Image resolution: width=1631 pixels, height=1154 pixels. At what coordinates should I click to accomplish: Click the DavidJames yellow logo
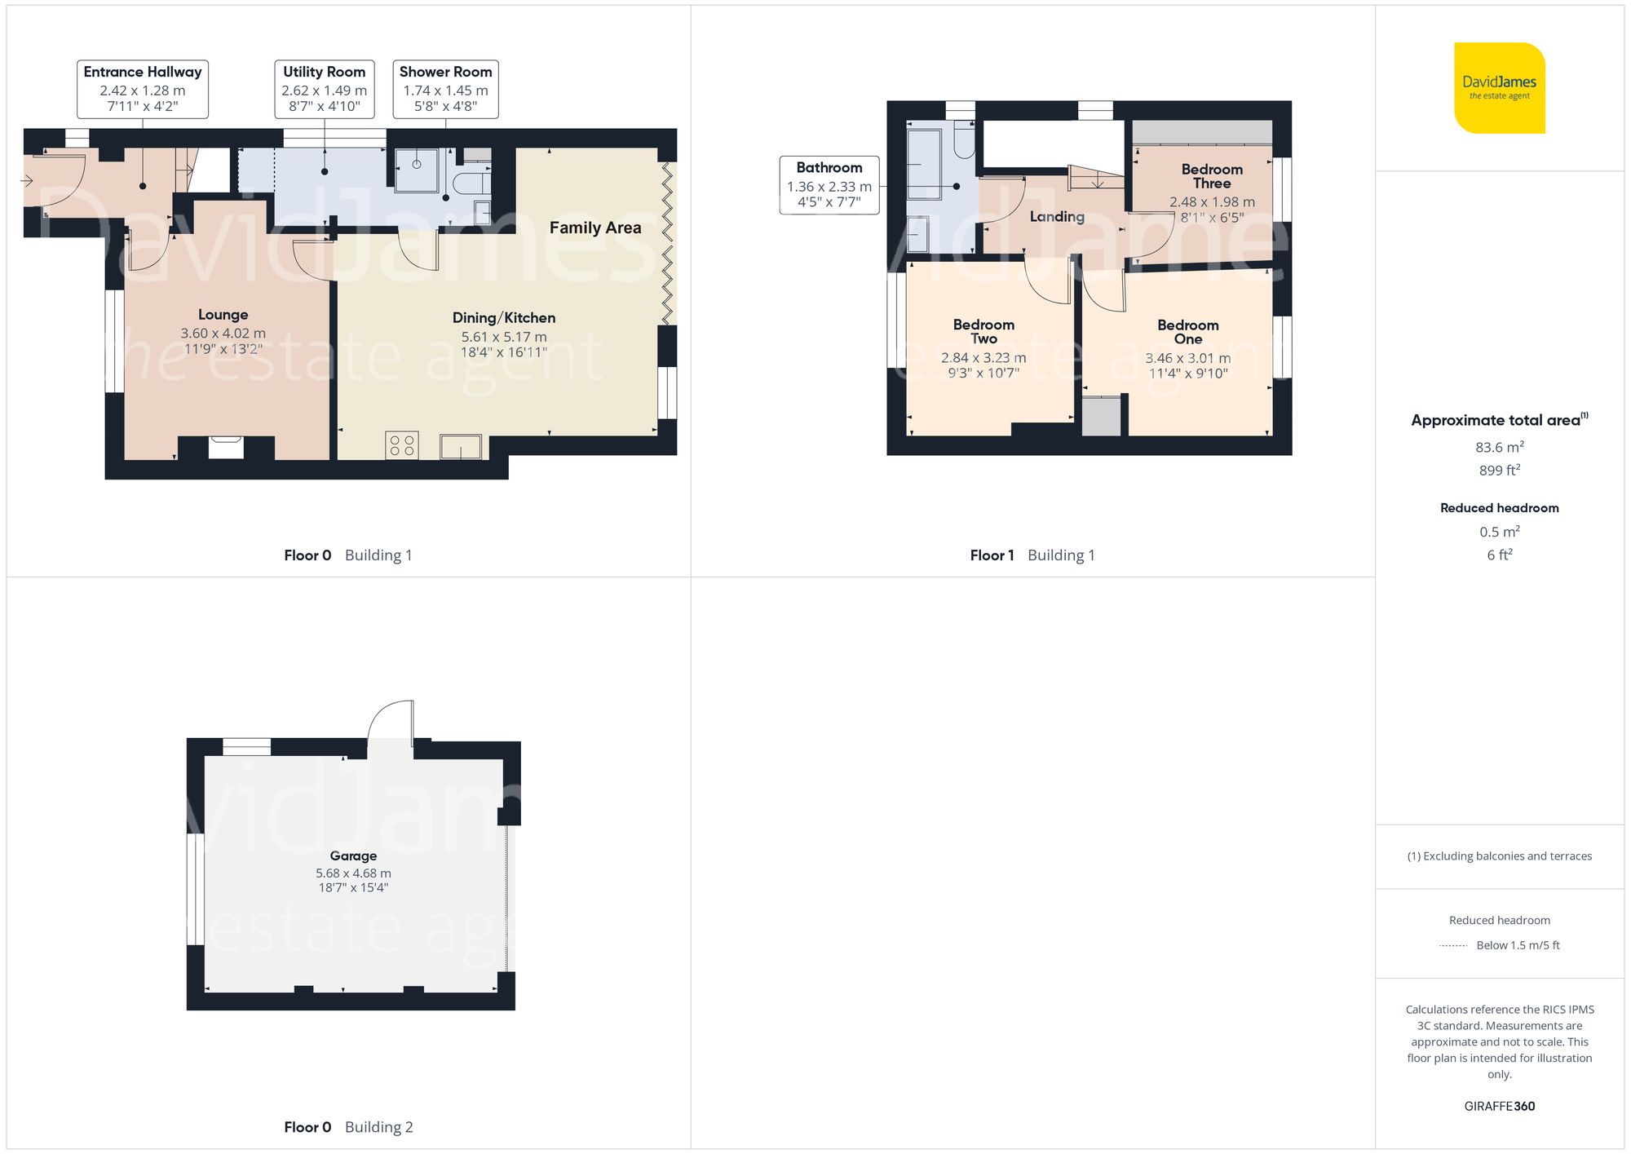(1499, 88)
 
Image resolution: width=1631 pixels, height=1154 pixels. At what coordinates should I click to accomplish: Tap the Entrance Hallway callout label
(143, 89)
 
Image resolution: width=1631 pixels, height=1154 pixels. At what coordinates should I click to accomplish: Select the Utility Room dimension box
(324, 89)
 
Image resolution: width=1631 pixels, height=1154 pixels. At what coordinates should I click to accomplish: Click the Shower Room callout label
(445, 89)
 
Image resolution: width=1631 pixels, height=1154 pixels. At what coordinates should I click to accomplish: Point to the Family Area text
(594, 228)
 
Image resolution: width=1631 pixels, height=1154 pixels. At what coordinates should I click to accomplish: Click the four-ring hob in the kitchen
(402, 445)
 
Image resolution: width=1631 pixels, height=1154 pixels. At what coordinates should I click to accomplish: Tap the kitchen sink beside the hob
(461, 447)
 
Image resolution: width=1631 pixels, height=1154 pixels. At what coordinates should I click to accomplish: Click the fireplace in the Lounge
(225, 448)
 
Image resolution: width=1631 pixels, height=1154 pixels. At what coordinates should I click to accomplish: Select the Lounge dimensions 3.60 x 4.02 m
(223, 333)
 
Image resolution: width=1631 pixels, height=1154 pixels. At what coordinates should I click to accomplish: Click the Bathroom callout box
(829, 185)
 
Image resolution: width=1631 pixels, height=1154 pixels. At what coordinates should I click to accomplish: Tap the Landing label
(1056, 216)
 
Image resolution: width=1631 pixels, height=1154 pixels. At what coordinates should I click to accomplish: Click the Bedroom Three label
(1212, 176)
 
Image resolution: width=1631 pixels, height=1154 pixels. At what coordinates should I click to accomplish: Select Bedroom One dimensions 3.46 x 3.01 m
(1187, 358)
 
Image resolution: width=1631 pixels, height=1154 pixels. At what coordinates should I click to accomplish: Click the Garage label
(353, 856)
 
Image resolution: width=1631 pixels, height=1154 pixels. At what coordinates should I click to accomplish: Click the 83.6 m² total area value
(1499, 447)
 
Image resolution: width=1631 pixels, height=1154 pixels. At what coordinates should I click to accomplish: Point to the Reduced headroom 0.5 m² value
(1499, 532)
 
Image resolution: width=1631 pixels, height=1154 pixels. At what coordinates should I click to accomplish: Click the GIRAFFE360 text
(1499, 1106)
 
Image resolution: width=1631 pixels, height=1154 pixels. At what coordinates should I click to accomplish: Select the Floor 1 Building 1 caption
(1032, 555)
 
